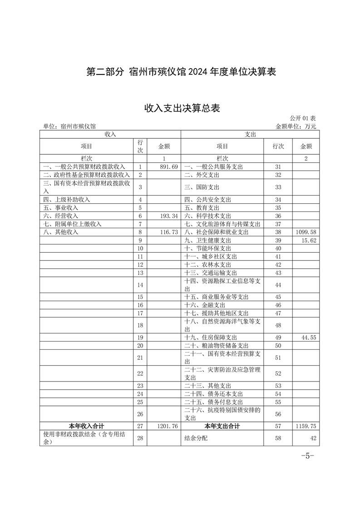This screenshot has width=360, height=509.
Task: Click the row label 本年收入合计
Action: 86,426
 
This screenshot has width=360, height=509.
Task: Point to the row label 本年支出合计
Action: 222,426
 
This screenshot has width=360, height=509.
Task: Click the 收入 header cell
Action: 110,134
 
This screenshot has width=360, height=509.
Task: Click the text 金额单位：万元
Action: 296,126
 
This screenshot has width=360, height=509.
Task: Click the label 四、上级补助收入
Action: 66,200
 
